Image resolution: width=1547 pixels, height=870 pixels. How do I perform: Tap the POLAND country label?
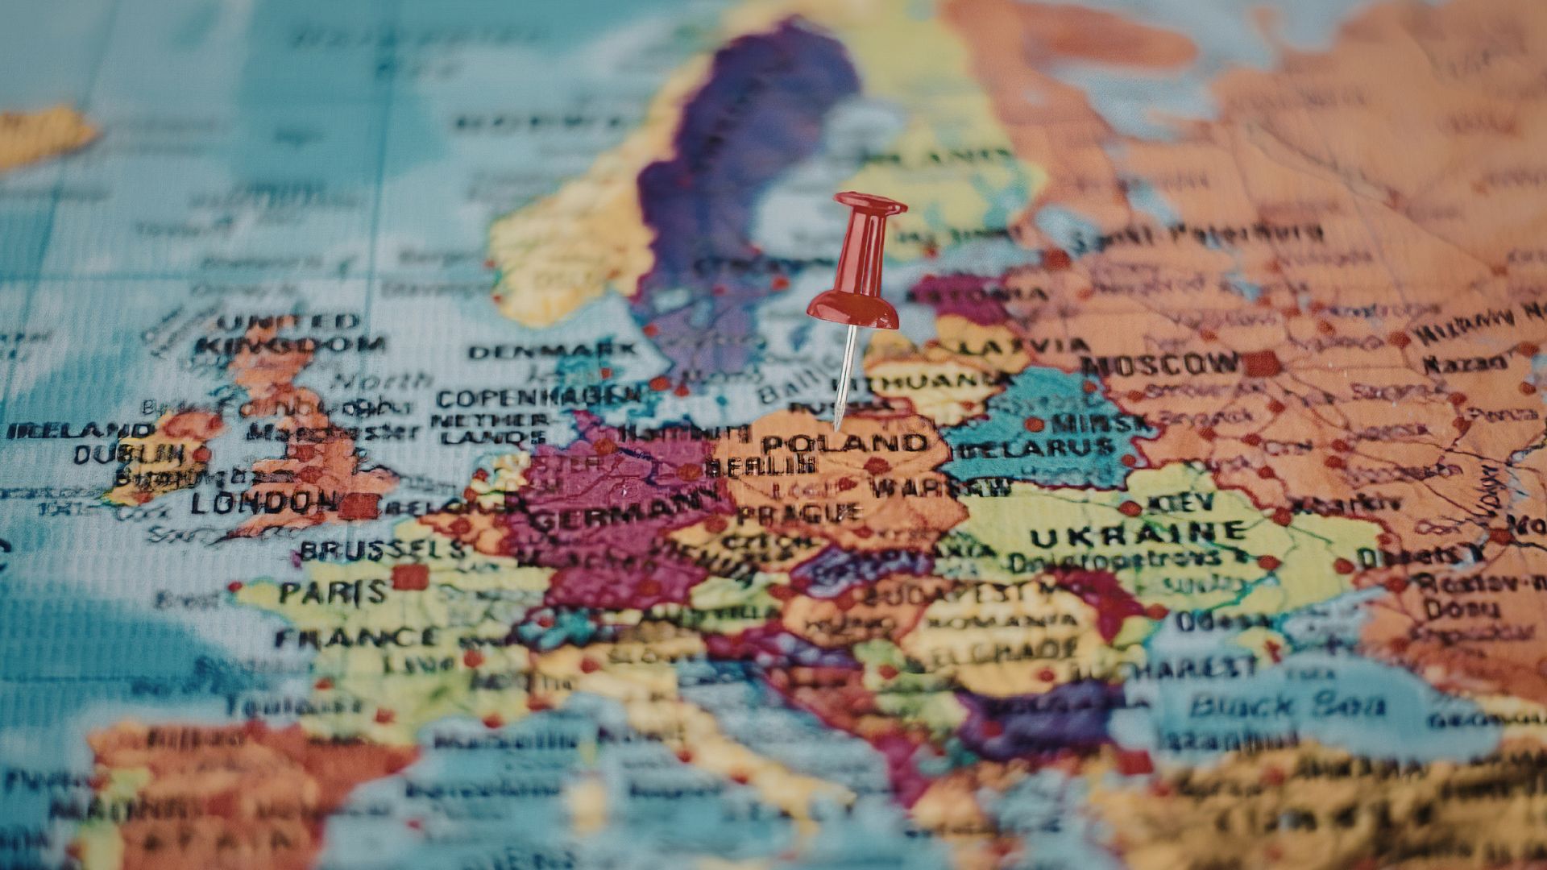click(x=844, y=443)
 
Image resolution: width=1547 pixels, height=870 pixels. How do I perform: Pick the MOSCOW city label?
click(x=1160, y=364)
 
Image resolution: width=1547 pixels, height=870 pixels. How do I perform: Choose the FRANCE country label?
click(x=358, y=639)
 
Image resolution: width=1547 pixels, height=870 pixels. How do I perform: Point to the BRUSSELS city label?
click(x=383, y=551)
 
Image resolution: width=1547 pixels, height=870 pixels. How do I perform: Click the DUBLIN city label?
click(x=129, y=454)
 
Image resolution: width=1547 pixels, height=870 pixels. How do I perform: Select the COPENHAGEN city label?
click(x=539, y=397)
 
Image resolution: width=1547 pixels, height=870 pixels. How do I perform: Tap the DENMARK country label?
click(x=552, y=351)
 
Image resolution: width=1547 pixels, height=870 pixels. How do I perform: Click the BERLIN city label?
click(x=760, y=466)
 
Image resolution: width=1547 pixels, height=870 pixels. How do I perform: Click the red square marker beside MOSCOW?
click(x=1263, y=364)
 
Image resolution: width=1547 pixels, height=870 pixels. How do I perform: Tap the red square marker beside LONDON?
click(x=359, y=506)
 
